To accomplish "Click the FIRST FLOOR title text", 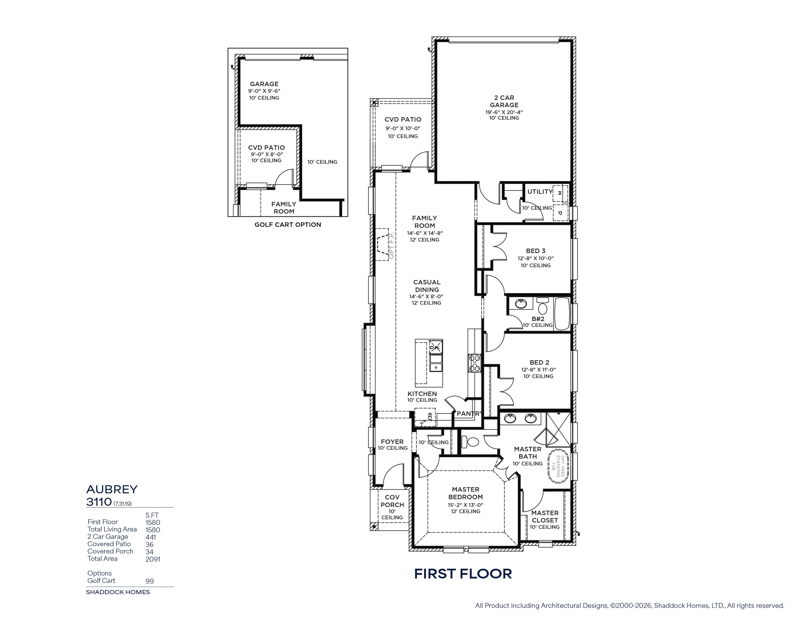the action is [x=463, y=574].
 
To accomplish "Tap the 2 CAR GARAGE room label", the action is [x=504, y=101].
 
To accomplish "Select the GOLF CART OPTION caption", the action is [x=288, y=225].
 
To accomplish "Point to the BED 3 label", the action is [x=536, y=251].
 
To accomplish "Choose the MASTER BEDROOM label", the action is [x=466, y=493].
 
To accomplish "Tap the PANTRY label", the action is [x=470, y=413].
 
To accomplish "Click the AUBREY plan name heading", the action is [x=112, y=489].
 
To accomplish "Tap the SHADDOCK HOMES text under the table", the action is [x=118, y=592].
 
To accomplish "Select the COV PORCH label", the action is [x=392, y=501].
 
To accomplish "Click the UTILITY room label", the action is [x=540, y=192].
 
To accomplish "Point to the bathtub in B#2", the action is [x=563, y=313].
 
